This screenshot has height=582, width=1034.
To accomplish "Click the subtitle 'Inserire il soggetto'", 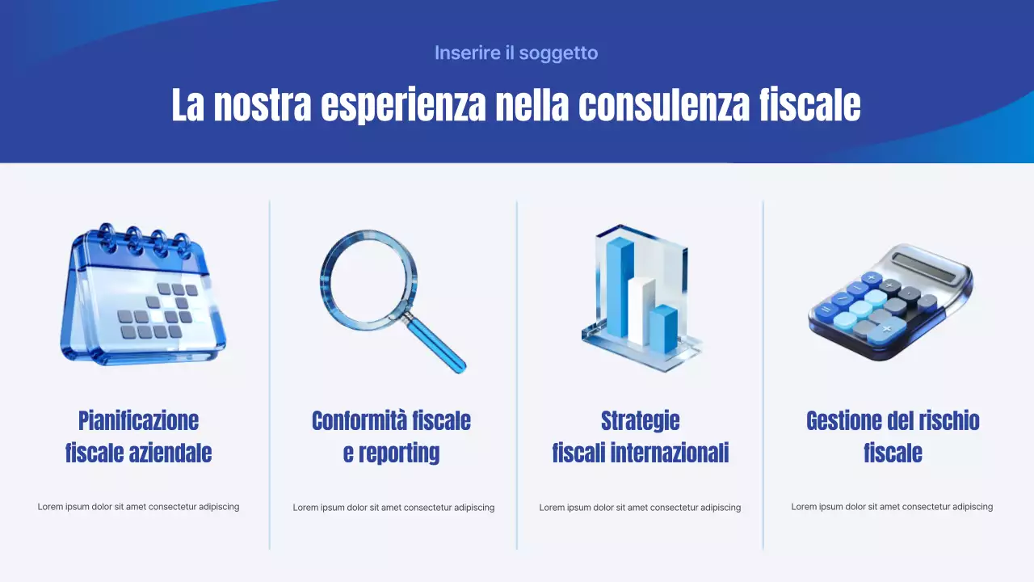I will coord(516,53).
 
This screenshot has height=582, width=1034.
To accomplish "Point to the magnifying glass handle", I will coord(437,344).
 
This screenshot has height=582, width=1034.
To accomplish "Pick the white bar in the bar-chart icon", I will coord(641,311).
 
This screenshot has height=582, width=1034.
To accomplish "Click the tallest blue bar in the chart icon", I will coord(620,287).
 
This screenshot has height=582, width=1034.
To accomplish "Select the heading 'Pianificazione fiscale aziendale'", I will coord(138,436).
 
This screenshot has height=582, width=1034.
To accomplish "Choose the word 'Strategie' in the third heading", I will coord(640,421).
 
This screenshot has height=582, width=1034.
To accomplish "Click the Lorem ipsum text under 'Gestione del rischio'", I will coord(892,507).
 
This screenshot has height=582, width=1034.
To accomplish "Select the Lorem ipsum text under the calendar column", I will coord(138,507).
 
